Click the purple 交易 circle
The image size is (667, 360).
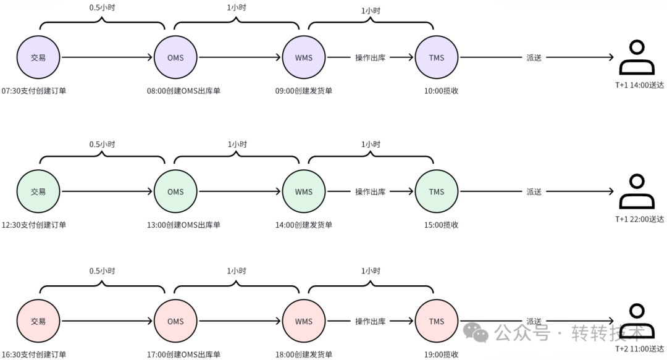point(38,57)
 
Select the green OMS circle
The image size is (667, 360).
point(175,191)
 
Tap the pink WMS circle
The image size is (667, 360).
point(304,321)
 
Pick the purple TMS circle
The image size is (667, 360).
point(437,57)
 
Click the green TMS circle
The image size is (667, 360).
point(437,191)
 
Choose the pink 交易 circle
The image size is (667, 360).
point(38,321)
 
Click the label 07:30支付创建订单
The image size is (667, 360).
point(34,91)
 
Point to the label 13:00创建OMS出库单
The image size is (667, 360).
point(184,225)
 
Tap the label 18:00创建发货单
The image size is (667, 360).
point(304,354)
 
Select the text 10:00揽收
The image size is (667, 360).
point(441,91)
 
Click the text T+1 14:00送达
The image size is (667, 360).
point(639,85)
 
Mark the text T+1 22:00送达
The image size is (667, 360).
point(639,219)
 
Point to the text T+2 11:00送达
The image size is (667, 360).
point(639,349)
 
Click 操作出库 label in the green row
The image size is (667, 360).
point(370,191)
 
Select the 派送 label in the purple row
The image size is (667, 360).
point(534,57)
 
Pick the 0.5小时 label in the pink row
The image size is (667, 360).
point(102,270)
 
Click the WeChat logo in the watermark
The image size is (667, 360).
point(476,332)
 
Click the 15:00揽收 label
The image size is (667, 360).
point(441,225)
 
